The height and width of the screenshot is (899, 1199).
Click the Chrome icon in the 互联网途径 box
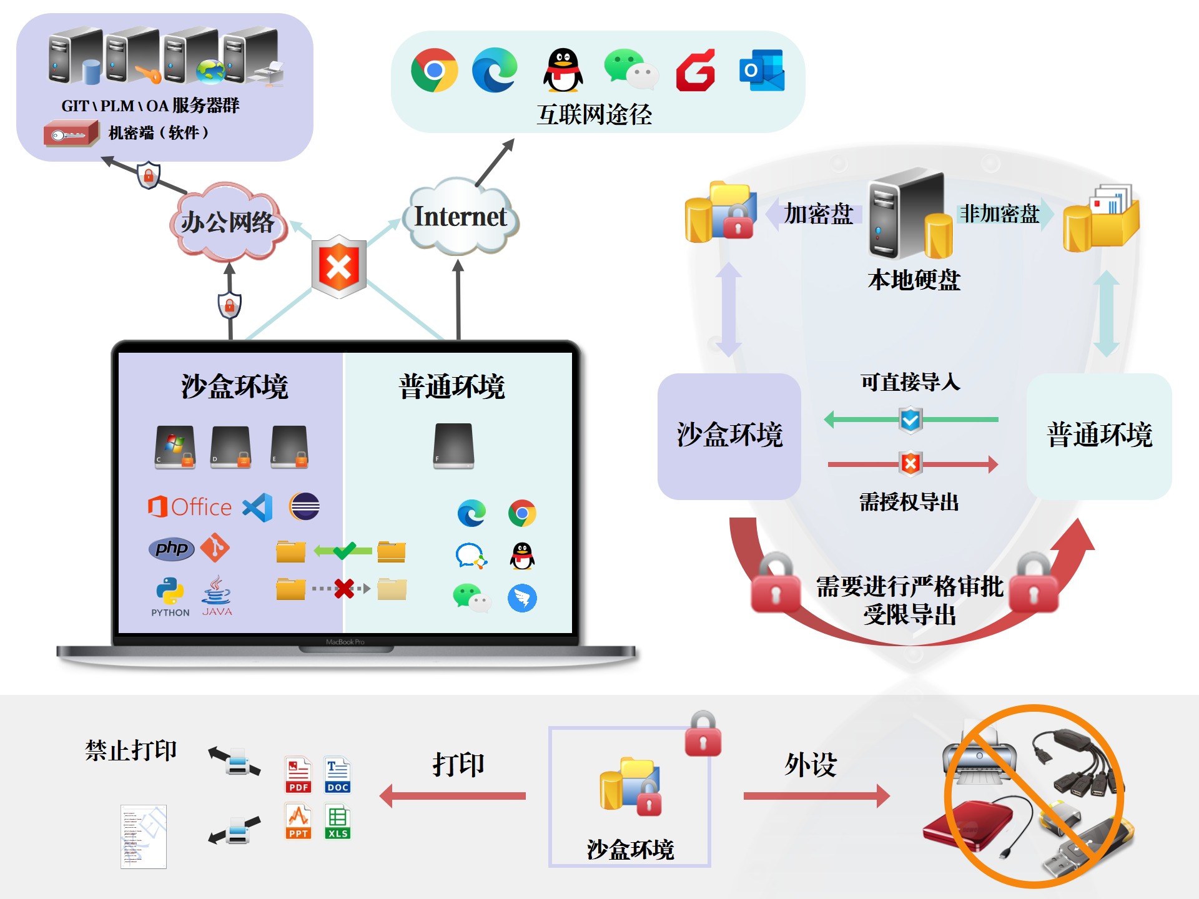click(x=434, y=70)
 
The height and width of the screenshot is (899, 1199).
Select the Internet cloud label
click(x=460, y=217)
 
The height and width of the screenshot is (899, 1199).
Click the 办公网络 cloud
click(x=227, y=222)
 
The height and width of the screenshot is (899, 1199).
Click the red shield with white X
click(x=339, y=267)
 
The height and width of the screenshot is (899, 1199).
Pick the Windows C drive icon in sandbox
click(x=175, y=446)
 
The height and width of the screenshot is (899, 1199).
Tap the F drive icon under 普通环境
click(x=453, y=446)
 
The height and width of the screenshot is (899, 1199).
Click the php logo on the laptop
click(x=171, y=549)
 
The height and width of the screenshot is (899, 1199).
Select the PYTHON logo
click(x=170, y=595)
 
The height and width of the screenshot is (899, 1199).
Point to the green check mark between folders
click(x=344, y=550)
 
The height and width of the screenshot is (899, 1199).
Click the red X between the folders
click(x=343, y=588)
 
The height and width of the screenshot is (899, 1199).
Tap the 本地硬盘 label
click(x=914, y=280)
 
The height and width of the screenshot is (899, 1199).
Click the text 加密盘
click(x=818, y=214)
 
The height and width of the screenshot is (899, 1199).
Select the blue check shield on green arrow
click(x=910, y=420)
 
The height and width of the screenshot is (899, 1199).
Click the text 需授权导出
click(x=909, y=502)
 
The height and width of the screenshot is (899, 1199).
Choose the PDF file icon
click(x=298, y=775)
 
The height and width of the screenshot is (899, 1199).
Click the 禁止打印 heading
click(x=131, y=750)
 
